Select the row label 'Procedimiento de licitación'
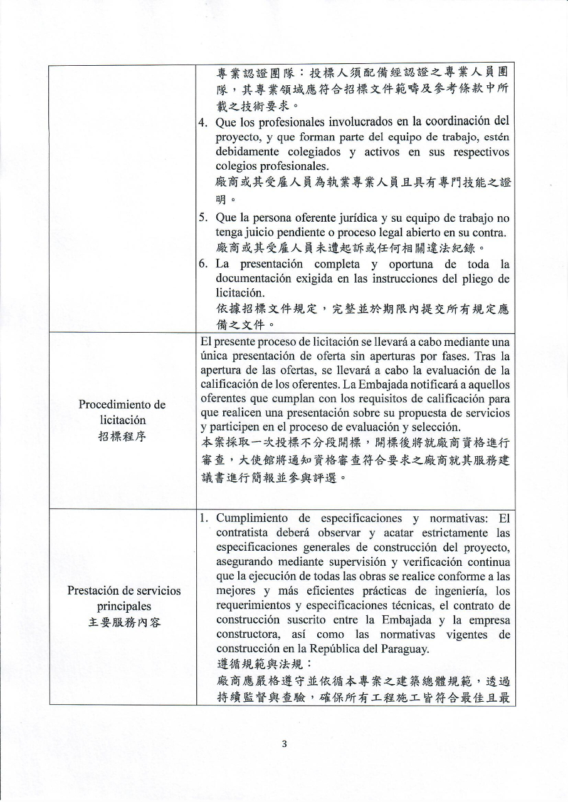click(x=122, y=412)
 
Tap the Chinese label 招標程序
click(x=122, y=437)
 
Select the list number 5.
click(x=204, y=218)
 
